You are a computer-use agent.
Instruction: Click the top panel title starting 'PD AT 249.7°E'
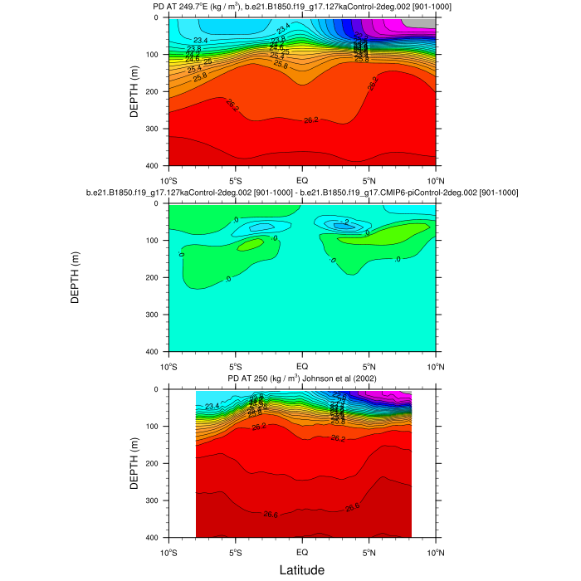(301, 7)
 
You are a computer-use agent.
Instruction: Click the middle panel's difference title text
(301, 193)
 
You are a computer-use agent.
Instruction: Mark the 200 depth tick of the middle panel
(157, 278)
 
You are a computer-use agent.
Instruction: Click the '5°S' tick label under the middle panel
(235, 365)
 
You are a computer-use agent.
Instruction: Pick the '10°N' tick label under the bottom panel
(436, 552)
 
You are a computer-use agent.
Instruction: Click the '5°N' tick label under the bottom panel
(369, 552)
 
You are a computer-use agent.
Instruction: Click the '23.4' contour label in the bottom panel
(212, 406)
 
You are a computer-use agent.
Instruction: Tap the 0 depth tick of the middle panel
(160, 204)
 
